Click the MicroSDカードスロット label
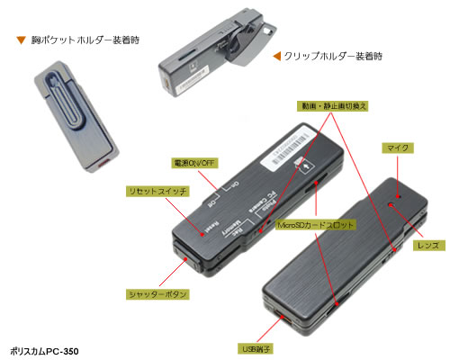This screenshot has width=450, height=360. [315, 223]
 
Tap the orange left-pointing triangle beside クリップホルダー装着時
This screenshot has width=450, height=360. [276, 57]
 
